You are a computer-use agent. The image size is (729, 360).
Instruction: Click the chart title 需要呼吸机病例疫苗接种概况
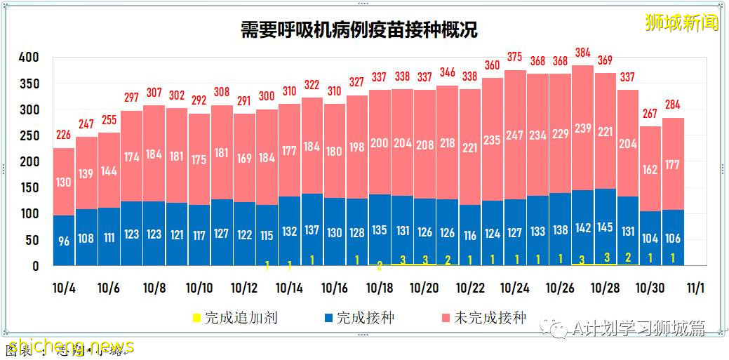tap(359, 30)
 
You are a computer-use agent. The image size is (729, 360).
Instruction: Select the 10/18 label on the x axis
tap(380, 288)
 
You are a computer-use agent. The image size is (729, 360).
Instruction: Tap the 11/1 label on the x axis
tap(695, 288)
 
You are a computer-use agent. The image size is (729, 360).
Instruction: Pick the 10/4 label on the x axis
tap(65, 288)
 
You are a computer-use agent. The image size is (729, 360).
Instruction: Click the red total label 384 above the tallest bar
tap(582, 53)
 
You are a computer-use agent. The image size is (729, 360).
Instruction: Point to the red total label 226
tap(64, 135)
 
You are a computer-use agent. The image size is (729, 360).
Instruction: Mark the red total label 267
tap(650, 114)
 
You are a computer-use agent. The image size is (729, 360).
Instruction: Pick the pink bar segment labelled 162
tap(650, 168)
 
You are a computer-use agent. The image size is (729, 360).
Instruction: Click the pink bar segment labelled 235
tap(492, 140)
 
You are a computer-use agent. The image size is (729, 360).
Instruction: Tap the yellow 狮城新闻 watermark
tap(681, 22)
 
